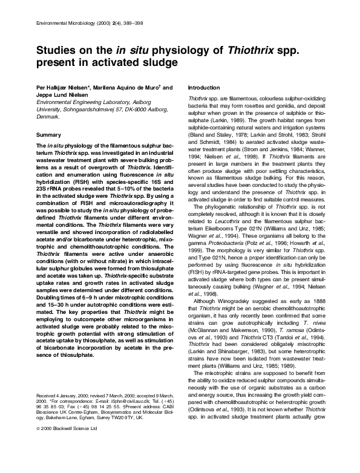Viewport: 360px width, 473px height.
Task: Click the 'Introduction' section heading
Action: [x=205, y=88]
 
